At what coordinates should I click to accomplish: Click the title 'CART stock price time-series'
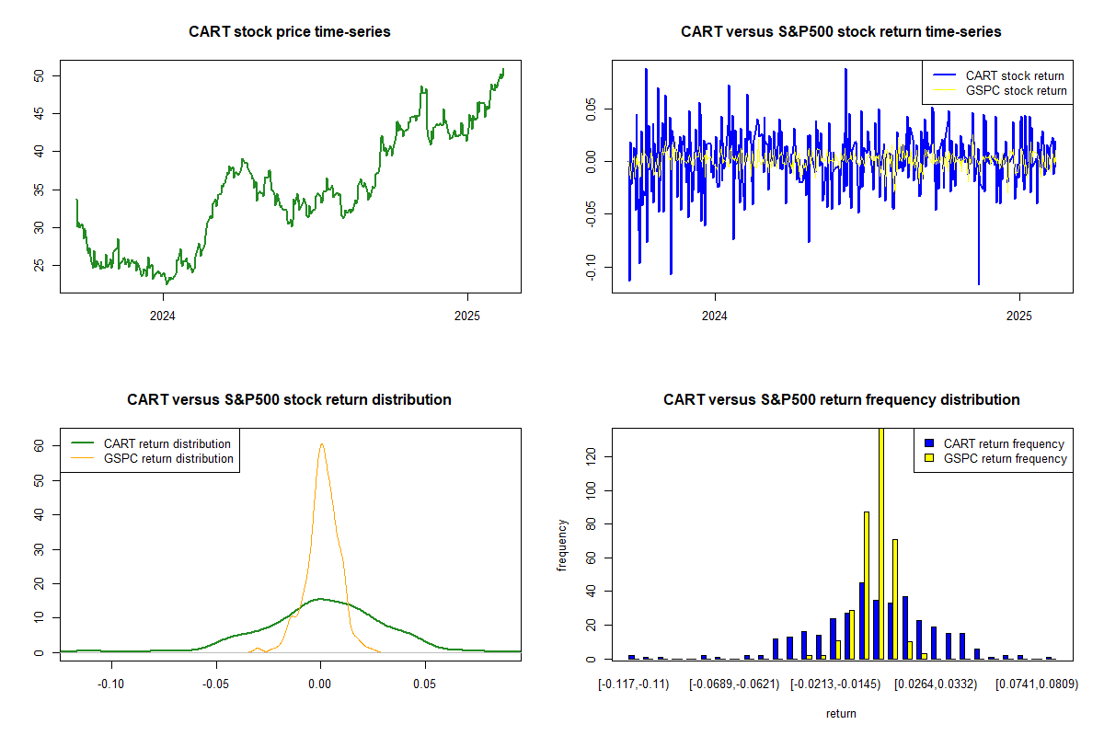[x=290, y=32]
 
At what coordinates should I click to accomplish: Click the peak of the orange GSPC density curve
[x=322, y=444]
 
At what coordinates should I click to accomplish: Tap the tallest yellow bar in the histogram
[x=881, y=543]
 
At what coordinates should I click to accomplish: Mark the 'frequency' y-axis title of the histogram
[x=562, y=545]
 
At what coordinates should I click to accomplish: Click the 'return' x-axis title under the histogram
[x=841, y=713]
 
